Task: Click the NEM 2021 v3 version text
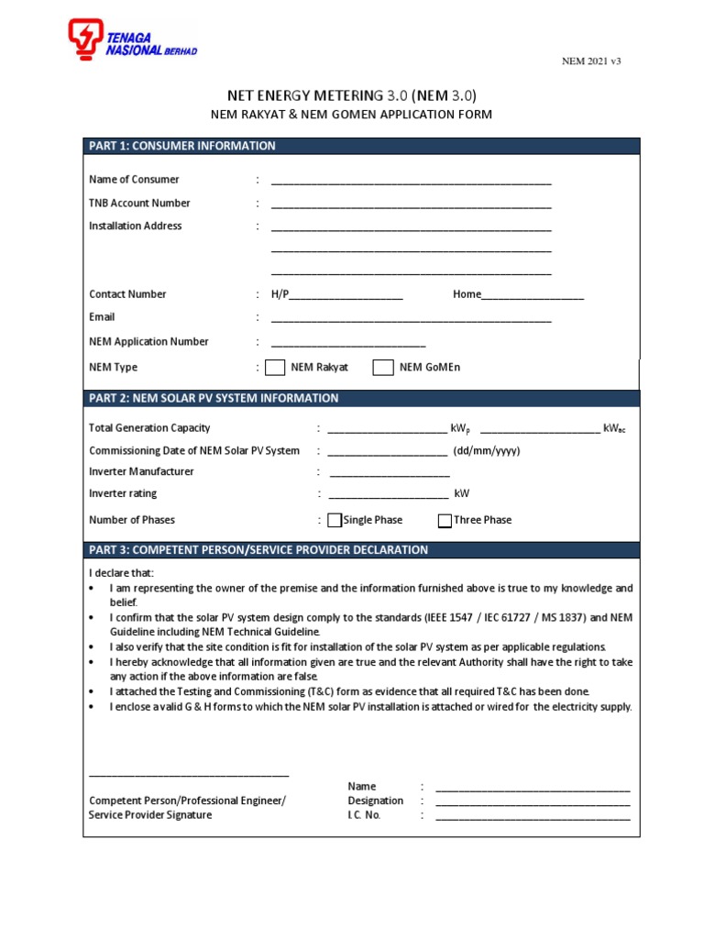tap(591, 61)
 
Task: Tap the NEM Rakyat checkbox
tap(275, 368)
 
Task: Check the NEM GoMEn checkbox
tap(383, 368)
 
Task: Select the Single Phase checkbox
tap(335, 521)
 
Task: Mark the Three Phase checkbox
tap(445, 521)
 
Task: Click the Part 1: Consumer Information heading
tap(181, 146)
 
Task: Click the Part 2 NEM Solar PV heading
tap(214, 398)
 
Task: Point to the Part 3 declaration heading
tap(258, 550)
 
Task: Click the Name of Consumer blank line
tap(411, 182)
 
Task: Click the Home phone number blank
tap(533, 296)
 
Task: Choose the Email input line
tap(411, 319)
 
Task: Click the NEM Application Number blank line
tap(348, 343)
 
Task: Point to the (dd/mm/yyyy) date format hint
tap(487, 451)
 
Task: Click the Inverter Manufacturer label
tap(141, 471)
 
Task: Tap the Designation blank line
tap(533, 802)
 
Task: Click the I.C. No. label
tap(364, 815)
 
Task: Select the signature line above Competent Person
tap(189, 774)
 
